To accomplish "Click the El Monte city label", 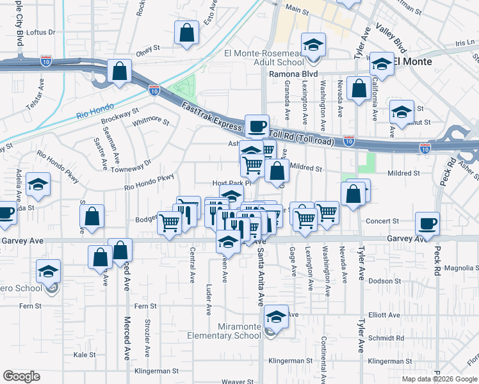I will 412,61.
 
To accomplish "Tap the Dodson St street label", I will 384,280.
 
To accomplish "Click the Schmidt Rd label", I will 387,337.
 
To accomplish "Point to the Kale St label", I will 85,354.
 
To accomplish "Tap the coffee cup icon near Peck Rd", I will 427,224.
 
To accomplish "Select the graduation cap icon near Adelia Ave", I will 38,185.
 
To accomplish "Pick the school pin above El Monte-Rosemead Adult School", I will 313,45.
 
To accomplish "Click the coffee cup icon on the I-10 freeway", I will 257,127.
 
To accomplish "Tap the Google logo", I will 21,376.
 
